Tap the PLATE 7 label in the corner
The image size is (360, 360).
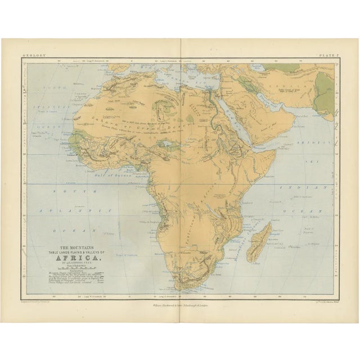(x=326, y=55)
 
